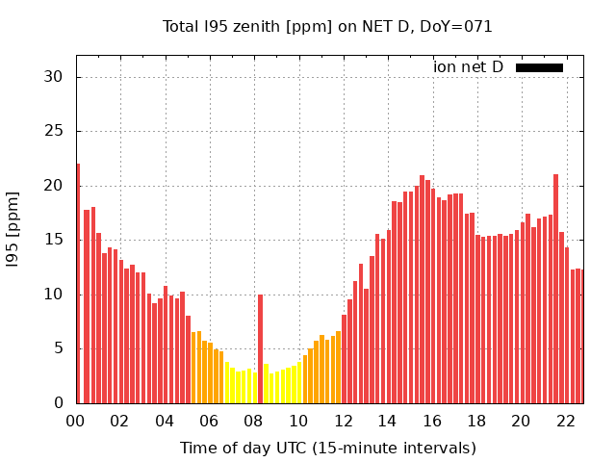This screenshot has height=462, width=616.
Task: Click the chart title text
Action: coord(327,27)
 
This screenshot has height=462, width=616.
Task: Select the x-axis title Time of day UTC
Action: coord(327,448)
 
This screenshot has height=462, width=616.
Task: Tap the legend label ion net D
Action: coord(468,67)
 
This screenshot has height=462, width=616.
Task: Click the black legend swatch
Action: coord(539,67)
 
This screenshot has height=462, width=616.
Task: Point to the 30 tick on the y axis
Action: coord(57,77)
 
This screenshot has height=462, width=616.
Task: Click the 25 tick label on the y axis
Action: coord(57,131)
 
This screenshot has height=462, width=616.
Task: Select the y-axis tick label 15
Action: coord(57,240)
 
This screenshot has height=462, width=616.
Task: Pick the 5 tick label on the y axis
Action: coord(62,348)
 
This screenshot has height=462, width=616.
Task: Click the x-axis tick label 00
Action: coord(75,421)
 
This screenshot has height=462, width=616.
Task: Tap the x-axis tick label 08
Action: coord(253,421)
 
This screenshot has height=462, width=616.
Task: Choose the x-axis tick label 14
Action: coord(387,421)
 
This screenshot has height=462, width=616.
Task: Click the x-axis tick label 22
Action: coord(565,421)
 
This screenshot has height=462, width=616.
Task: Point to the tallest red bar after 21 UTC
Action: coord(555,289)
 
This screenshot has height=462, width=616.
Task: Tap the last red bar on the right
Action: coord(578,336)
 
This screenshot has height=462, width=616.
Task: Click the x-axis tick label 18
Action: coord(476,421)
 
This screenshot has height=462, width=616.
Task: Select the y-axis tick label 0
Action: coord(62,403)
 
